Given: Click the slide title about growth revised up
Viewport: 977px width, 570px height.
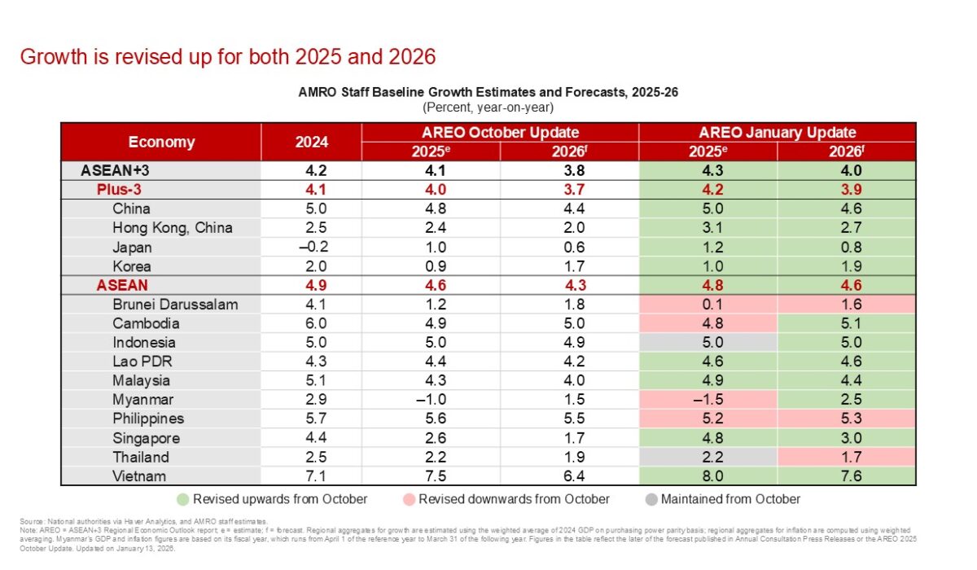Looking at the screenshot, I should [228, 57].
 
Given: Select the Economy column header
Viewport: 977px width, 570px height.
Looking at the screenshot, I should [161, 142].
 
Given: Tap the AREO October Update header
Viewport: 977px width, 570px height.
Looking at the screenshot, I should [500, 132].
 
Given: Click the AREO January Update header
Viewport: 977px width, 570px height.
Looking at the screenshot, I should [778, 132].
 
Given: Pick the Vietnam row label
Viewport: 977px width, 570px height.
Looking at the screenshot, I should [139, 476].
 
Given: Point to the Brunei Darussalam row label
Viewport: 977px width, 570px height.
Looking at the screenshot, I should [175, 305].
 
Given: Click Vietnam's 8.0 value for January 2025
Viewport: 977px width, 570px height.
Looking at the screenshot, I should [708, 476].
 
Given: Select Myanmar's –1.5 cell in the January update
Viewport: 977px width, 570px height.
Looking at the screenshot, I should [708, 400].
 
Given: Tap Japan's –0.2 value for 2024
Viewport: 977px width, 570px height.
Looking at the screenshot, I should [311, 248].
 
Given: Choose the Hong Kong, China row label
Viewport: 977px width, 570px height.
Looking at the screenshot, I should [173, 228].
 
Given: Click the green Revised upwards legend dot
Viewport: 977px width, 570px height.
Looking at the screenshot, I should [184, 499].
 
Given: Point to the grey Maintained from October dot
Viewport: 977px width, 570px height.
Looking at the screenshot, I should [651, 499].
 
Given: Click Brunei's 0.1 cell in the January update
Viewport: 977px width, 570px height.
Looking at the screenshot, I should [708, 305].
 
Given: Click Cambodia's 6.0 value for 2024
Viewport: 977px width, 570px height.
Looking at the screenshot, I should [311, 323].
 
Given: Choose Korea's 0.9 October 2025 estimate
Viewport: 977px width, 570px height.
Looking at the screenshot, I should [431, 266].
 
